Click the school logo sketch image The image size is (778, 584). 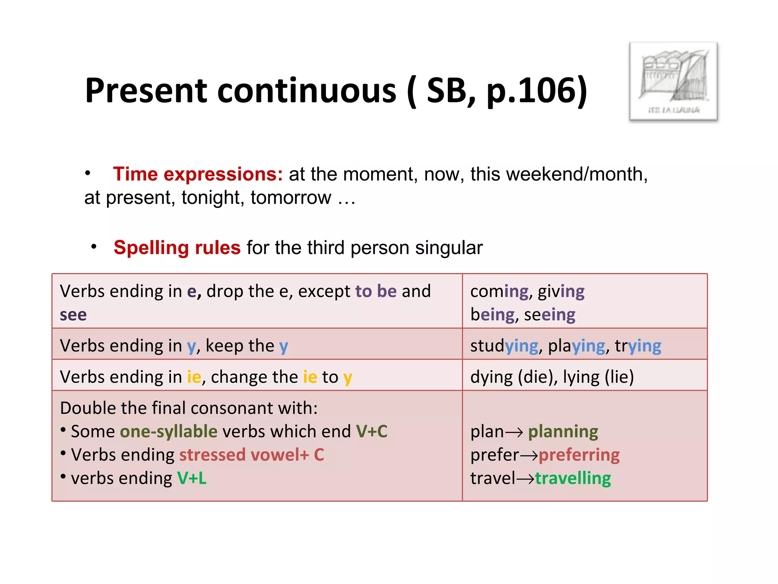[x=673, y=81]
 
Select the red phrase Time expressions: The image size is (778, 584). [x=198, y=174]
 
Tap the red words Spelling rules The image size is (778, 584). [x=177, y=248]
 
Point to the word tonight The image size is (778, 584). [x=213, y=198]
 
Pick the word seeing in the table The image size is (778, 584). [x=550, y=315]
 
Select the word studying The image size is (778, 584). [x=504, y=346]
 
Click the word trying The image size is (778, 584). [x=638, y=346]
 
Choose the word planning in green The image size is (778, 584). [x=563, y=432]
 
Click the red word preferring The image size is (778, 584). [x=579, y=455]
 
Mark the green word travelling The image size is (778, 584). [x=573, y=478]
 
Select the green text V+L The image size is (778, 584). [x=192, y=478]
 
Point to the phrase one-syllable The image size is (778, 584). [x=169, y=432]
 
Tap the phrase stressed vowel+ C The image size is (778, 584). [x=251, y=455]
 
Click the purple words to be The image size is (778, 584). [x=376, y=292]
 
